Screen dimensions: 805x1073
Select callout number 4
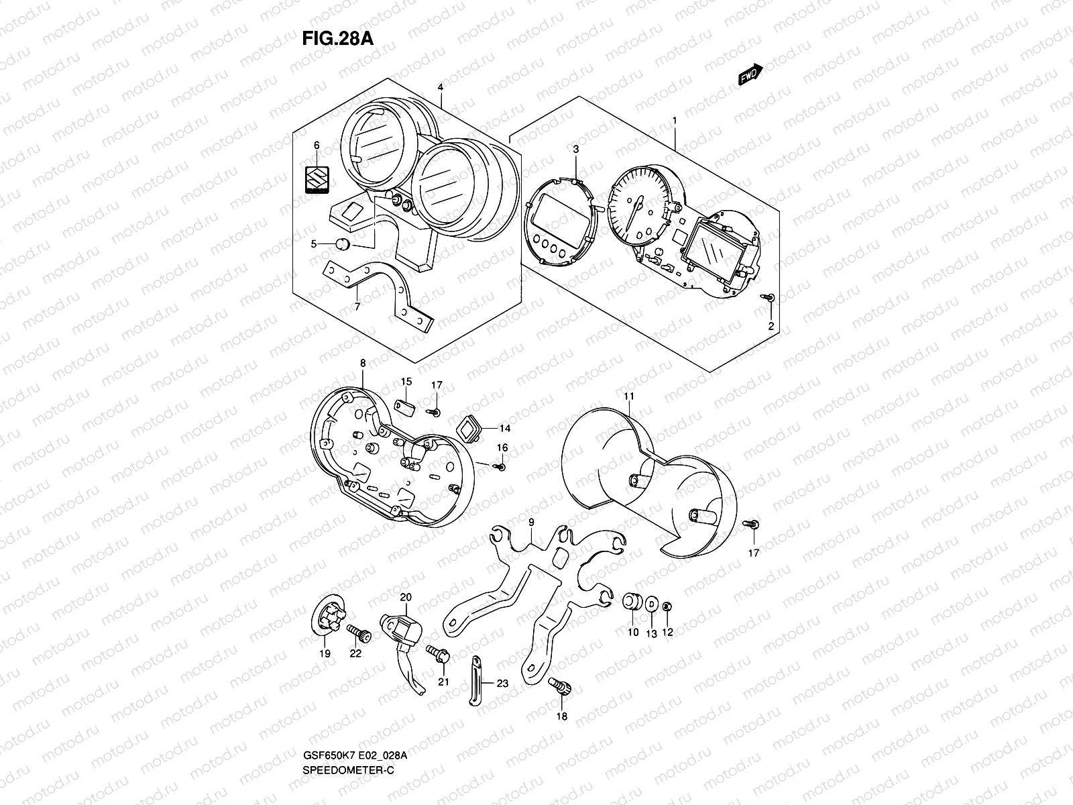441,87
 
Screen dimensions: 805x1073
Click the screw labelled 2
771,297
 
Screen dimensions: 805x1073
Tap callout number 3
575,148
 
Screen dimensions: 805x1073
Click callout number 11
628,397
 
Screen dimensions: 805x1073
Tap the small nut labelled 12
667,607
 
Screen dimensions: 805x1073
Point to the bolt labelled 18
557,686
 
